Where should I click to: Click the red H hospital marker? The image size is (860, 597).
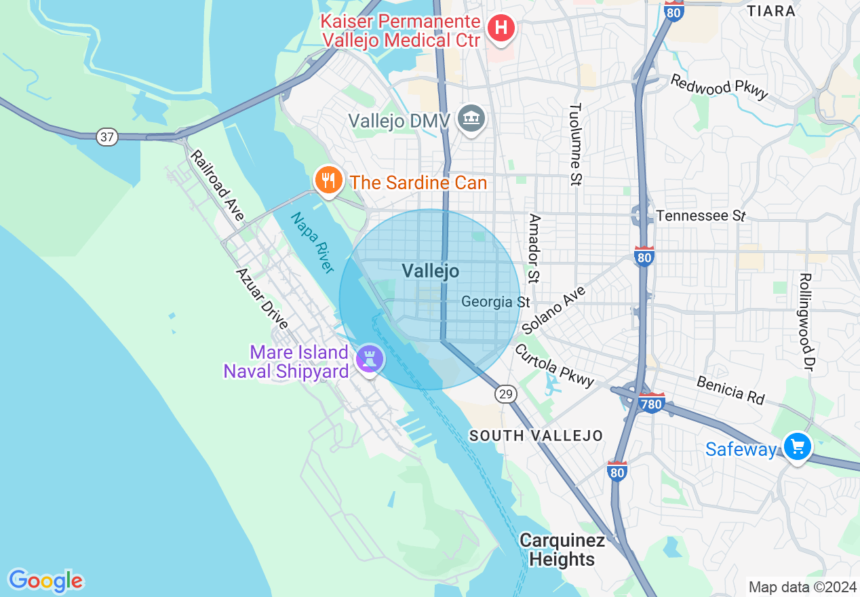(x=501, y=28)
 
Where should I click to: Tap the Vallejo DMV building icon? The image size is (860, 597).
(x=469, y=119)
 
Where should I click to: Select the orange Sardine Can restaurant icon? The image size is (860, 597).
(x=328, y=180)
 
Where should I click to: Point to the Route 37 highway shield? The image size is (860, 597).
(x=106, y=137)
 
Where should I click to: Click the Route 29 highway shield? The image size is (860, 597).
(x=505, y=394)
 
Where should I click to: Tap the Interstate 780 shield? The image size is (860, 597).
(x=651, y=404)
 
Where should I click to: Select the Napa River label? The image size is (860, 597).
(x=313, y=243)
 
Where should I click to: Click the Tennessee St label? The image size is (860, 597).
(x=701, y=216)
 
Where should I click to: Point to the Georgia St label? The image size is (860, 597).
(x=495, y=301)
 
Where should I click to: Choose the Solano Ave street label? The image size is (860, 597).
(x=554, y=309)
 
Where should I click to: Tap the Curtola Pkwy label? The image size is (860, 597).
(x=554, y=366)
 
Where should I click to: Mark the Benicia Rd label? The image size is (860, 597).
(x=730, y=391)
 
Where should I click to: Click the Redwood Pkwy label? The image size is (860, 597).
(x=720, y=86)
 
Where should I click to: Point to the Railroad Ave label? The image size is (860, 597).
(x=216, y=186)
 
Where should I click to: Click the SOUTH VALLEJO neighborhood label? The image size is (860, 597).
(x=536, y=436)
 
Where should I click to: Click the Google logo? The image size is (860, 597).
(x=45, y=581)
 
